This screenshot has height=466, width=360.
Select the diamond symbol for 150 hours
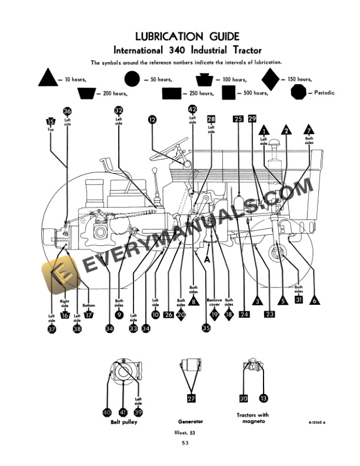[271, 79]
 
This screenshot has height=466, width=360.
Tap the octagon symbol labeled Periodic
[299, 92]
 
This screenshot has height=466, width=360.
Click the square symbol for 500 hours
[229, 92]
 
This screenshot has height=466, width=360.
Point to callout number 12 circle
[152, 119]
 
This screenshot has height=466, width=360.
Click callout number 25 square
[238, 119]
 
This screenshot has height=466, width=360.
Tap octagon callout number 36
[67, 111]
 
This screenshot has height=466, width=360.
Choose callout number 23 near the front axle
[270, 314]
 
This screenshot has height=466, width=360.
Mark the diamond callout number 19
[215, 315]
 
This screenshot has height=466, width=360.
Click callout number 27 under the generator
[191, 399]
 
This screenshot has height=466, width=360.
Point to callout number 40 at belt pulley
[107, 412]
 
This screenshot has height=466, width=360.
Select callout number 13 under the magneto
[263, 398]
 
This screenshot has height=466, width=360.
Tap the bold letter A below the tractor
[207, 258]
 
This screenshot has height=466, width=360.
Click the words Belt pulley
[124, 422]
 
